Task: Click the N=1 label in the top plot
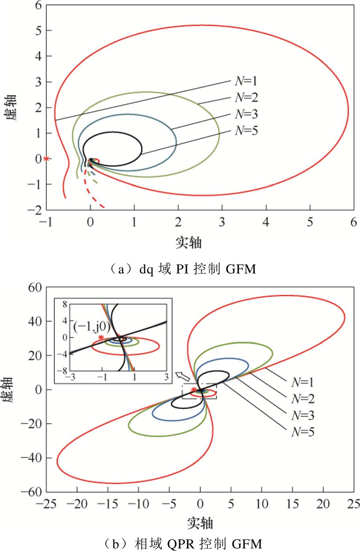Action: pos(246,81)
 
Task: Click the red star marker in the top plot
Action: pos(47,159)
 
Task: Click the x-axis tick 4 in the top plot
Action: pos(266,222)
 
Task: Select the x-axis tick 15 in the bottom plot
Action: pos(292,504)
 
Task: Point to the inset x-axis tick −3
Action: pos(71,377)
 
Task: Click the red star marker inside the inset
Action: pos(101,337)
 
